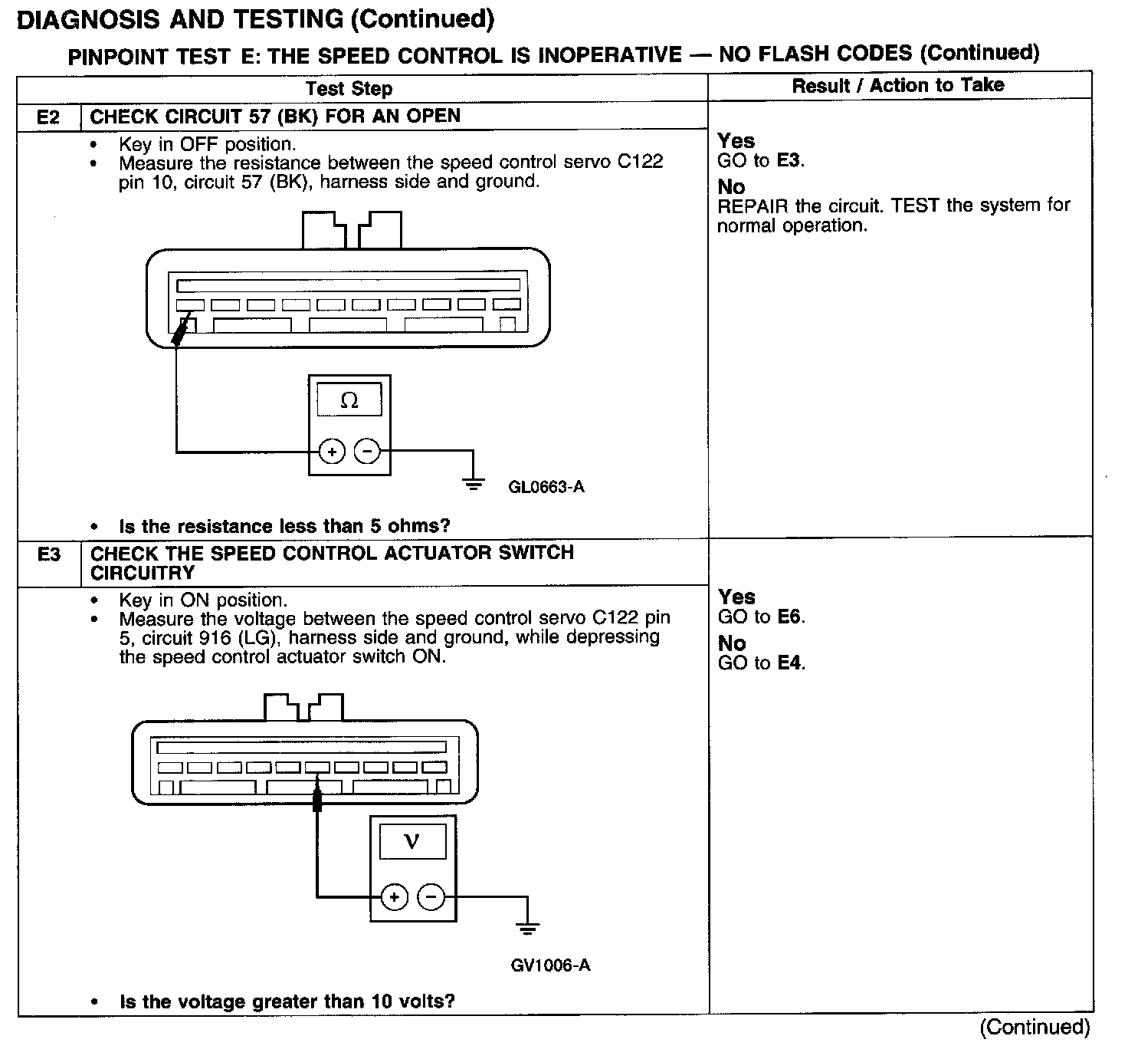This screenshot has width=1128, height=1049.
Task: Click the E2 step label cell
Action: tap(48, 117)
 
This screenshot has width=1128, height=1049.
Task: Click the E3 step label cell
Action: tap(48, 554)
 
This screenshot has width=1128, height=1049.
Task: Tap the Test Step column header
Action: tap(349, 89)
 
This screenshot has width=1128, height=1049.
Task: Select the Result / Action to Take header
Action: tap(898, 85)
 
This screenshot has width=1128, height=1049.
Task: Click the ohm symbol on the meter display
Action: tap(349, 400)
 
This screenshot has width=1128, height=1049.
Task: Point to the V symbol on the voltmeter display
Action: tap(412, 842)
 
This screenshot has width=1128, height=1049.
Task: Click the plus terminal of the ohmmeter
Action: tap(332, 452)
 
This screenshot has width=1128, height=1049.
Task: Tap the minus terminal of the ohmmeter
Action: tap(367, 452)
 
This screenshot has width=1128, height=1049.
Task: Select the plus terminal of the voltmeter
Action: tap(394, 896)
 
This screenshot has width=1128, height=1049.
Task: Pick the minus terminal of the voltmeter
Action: tap(431, 896)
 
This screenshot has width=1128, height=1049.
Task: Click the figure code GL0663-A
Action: tap(546, 487)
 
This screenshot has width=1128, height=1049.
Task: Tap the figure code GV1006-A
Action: tap(550, 965)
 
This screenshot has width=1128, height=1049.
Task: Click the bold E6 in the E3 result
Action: tap(790, 617)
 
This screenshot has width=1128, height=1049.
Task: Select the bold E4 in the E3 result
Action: tap(790, 663)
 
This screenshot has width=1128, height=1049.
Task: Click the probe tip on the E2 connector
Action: tap(182, 330)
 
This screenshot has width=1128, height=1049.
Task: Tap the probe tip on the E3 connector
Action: tap(317, 801)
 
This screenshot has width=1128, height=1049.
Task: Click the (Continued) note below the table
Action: tap(1034, 1028)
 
